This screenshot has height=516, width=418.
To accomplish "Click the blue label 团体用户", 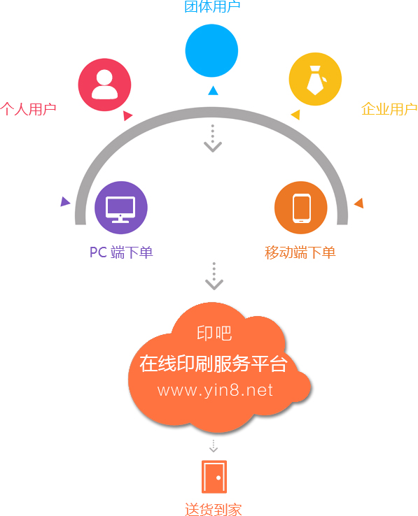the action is (x=212, y=6).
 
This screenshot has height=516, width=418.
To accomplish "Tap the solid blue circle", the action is (x=211, y=50).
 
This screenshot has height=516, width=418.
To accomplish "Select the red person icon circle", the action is (x=104, y=85).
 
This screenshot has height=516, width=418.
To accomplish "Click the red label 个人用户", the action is (x=28, y=109).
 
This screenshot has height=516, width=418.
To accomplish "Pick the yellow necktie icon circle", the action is (x=315, y=79).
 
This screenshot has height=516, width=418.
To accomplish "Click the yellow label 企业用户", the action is (x=389, y=109).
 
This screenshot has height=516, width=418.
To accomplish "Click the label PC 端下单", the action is (x=121, y=252).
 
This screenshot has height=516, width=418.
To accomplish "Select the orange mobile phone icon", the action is (x=301, y=208).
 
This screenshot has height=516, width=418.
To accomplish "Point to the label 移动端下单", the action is (x=300, y=252).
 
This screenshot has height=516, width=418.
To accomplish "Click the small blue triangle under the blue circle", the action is (x=213, y=90).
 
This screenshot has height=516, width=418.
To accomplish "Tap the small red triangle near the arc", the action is (x=127, y=115).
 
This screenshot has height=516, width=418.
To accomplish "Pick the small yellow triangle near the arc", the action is (x=295, y=115).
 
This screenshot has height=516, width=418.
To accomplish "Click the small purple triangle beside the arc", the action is (x=65, y=201).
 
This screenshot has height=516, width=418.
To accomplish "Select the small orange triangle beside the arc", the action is (x=359, y=203).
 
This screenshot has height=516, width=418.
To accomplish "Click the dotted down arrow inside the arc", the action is (x=213, y=138).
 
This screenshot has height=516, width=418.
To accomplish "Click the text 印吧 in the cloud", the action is (x=214, y=334).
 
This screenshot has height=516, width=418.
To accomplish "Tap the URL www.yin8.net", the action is (x=215, y=390).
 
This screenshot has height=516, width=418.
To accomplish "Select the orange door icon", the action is (x=214, y=477).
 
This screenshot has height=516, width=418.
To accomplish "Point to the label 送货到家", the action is (x=214, y=510).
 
